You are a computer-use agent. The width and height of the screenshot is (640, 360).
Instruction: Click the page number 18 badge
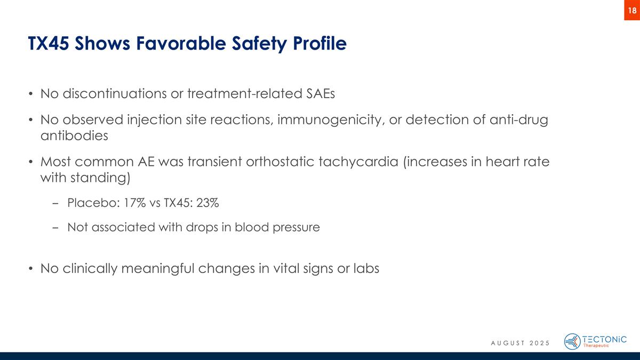click(x=631, y=10)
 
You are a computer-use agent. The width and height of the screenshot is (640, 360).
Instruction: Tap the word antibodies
click(x=74, y=135)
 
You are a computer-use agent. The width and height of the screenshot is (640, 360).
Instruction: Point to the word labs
click(x=366, y=268)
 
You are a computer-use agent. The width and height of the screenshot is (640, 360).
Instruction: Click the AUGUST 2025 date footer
click(x=520, y=342)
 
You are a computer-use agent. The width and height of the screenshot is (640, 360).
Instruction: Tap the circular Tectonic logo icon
click(x=572, y=341)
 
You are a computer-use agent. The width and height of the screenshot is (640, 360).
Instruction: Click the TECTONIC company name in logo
click(x=605, y=338)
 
